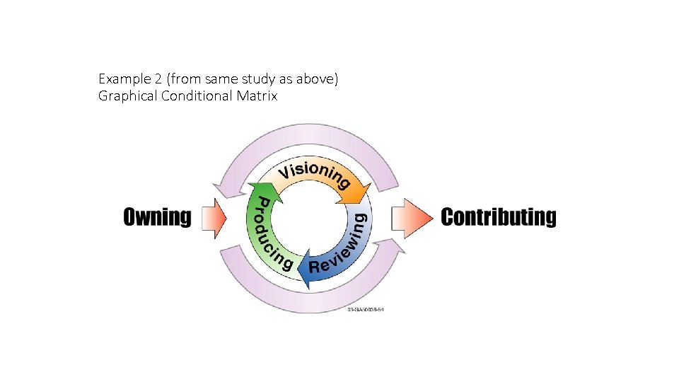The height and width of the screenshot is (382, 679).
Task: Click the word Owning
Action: coord(157,216)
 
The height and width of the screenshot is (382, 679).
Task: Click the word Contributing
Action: coord(499,216)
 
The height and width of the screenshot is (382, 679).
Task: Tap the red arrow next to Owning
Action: coord(214,217)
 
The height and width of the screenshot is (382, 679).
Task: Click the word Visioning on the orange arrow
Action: coord(312,172)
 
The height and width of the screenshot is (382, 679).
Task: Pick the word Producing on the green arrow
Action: coord(269,233)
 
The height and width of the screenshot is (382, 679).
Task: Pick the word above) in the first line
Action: coord(319,79)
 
